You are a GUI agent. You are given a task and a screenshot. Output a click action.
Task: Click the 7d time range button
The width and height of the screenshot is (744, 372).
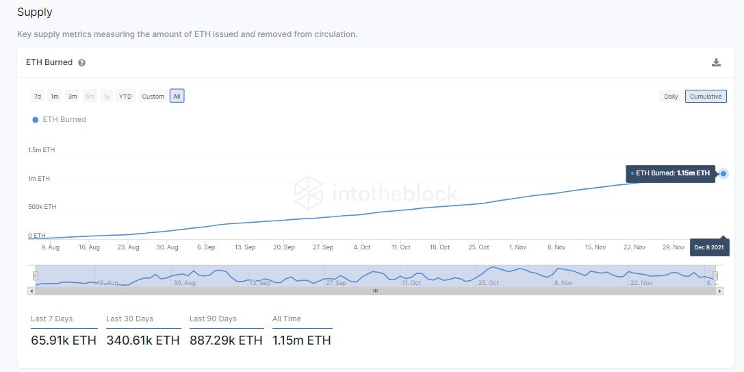coord(38,97)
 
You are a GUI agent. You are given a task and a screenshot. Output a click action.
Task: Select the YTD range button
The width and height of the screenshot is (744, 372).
coord(125,97)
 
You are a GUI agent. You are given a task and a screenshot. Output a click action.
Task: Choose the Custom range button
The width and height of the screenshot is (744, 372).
coord(153,97)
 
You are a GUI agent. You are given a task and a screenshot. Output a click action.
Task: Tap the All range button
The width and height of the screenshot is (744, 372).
coord(177,97)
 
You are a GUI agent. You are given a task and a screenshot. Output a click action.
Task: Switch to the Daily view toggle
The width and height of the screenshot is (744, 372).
coord(671,97)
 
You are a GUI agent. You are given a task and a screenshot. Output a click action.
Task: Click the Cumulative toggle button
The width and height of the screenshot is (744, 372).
coord(706,97)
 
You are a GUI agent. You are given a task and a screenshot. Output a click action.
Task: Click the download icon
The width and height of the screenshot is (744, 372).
coord(716,62)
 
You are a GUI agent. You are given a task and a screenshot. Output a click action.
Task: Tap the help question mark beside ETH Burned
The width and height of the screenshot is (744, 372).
coord(82,63)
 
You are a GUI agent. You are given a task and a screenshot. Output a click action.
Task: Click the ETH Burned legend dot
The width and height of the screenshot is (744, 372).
coord(36,119)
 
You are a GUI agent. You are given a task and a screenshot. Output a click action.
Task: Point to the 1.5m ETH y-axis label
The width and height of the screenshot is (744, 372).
coord(41,150)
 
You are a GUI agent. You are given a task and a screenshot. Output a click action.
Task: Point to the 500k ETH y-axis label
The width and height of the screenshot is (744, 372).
coord(42,207)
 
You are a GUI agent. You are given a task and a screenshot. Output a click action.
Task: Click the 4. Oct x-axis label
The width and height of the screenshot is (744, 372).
coord(362,247)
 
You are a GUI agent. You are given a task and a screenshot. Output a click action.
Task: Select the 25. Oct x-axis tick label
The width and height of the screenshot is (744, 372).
coord(479,247)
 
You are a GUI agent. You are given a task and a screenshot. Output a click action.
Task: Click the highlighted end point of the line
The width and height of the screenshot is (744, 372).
coord(723,174)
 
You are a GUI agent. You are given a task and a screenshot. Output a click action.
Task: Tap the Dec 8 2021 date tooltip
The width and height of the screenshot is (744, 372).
coord(709,247)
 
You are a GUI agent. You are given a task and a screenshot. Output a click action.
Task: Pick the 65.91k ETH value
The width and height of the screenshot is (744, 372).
coord(64,340)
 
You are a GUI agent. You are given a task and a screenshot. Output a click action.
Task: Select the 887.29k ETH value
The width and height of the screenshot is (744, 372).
coord(226,340)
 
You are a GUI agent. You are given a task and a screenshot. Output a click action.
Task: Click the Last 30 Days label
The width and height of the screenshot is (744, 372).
coord(130,319)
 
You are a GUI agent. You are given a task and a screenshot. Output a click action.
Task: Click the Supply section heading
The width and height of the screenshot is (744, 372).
coord(35,12)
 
